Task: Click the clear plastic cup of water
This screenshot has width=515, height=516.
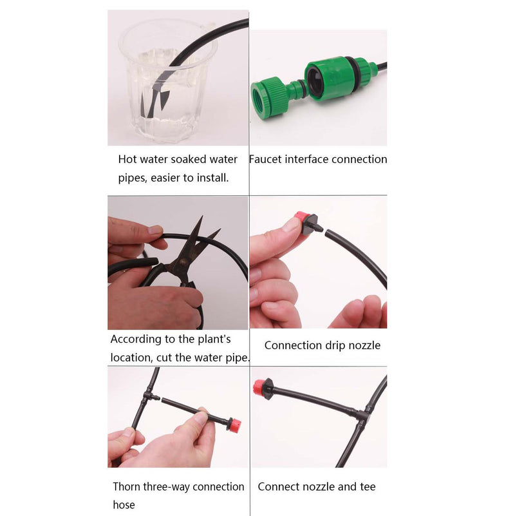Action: [x=168, y=81]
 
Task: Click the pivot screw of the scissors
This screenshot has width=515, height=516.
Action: [x=183, y=262]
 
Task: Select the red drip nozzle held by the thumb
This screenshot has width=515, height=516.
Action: [x=303, y=220]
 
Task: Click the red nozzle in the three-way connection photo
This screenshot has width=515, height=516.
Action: [x=235, y=426]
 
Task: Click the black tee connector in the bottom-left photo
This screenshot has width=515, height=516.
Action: [x=149, y=396]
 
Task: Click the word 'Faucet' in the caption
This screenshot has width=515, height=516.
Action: [x=265, y=159]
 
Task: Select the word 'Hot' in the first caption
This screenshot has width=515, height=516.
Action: [x=127, y=159]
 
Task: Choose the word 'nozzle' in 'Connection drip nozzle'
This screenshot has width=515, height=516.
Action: [x=364, y=345]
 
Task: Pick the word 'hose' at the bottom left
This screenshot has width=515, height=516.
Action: [x=124, y=505]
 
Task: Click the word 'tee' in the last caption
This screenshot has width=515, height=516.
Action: [x=368, y=487]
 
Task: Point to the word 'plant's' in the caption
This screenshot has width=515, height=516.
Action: [x=214, y=339]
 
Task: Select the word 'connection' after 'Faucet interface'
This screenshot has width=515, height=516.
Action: [x=359, y=159]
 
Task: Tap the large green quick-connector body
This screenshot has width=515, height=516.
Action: [x=329, y=78]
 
